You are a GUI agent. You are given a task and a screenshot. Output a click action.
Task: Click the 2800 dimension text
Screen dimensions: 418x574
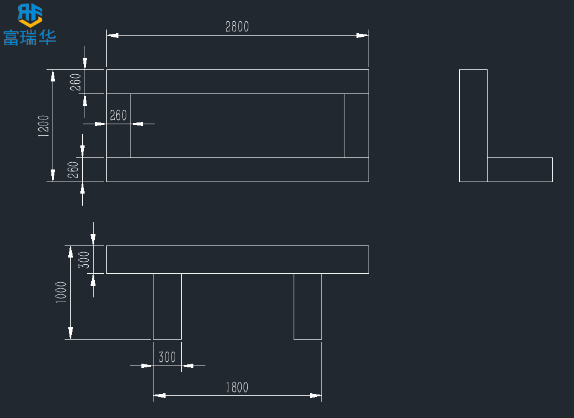click(237, 27)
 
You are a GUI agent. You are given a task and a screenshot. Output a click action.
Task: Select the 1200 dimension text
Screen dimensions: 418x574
click(44, 126)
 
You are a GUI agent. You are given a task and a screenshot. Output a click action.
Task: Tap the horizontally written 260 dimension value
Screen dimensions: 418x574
click(118, 115)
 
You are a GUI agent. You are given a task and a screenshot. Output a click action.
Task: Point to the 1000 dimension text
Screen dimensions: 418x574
click(62, 293)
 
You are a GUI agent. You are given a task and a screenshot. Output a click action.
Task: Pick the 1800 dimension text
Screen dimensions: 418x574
click(237, 387)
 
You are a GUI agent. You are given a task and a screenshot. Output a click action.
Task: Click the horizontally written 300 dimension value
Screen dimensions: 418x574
click(167, 357)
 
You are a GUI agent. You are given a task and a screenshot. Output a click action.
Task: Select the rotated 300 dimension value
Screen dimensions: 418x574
click(85, 259)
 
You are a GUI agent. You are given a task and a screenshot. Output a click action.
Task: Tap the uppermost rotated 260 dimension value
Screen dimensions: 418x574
click(76, 81)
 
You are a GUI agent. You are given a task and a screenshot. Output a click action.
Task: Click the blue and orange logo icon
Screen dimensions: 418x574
click(30, 14)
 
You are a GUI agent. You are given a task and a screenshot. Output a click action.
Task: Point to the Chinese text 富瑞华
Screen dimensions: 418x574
click(30, 37)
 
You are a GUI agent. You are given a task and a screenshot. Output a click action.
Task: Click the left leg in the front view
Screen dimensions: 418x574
click(167, 306)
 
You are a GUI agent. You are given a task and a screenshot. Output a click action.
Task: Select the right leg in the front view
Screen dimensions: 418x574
click(308, 306)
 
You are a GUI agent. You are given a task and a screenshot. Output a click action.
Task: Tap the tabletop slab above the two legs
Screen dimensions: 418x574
click(237, 259)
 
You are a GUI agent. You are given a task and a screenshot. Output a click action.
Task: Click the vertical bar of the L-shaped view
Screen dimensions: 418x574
click(473, 125)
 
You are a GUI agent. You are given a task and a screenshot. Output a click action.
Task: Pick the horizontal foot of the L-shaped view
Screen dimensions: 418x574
click(520, 169)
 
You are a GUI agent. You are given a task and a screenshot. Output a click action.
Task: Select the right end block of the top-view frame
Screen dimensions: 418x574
click(356, 125)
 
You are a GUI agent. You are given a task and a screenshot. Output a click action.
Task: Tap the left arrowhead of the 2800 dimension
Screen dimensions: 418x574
click(112, 36)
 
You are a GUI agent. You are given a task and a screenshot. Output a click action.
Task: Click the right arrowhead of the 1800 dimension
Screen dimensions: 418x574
click(315, 396)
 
